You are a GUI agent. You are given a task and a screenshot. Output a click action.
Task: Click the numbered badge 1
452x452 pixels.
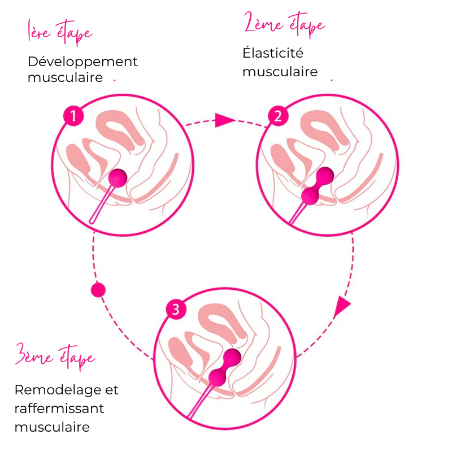point(73,117)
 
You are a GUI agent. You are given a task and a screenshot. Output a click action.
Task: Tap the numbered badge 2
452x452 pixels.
point(277,117)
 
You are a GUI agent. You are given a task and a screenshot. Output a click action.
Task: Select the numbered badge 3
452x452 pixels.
point(176,310)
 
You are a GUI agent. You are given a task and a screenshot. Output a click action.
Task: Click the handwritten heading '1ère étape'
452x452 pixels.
point(60,33)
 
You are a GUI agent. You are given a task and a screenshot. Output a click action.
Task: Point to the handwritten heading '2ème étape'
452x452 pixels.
point(284,25)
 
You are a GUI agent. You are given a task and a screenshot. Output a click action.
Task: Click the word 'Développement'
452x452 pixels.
point(82,62)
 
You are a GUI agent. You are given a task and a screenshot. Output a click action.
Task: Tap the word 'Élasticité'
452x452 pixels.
point(273,53)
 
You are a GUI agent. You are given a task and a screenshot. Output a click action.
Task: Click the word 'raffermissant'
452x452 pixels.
point(59,408)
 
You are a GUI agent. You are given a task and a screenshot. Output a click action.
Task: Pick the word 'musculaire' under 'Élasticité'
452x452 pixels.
point(280,72)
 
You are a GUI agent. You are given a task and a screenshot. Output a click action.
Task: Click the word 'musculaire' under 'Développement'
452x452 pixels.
point(65,77)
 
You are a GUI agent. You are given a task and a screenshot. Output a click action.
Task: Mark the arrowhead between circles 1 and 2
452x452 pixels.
point(224,120)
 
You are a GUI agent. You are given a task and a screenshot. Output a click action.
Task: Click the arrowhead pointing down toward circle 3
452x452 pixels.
point(342,307)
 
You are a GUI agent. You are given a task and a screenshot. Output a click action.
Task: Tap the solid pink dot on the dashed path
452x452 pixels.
point(98,290)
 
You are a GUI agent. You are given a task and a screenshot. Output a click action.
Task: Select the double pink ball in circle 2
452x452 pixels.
point(317,186)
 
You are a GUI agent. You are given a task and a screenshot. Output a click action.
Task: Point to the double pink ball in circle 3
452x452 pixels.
point(224,367)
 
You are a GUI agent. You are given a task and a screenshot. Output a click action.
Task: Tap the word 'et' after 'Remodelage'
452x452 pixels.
point(112,390)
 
